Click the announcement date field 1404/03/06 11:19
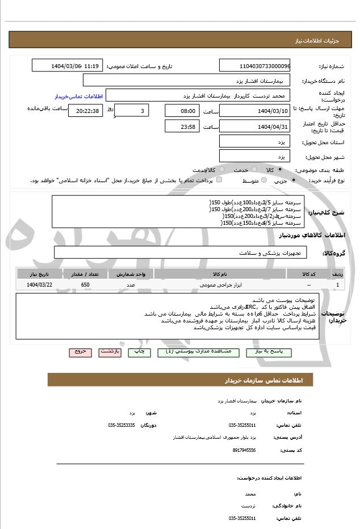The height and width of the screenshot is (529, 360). click(68, 66)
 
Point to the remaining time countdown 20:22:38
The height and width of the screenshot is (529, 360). click(85, 111)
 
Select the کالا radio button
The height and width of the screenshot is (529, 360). click(280, 169)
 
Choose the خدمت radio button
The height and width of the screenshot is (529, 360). click(253, 169)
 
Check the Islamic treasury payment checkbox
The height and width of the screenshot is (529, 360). click(219, 180)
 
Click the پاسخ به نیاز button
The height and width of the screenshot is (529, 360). click(266, 352)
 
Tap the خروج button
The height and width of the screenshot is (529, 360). click(81, 352)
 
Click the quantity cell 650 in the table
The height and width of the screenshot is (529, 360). click(85, 284)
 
